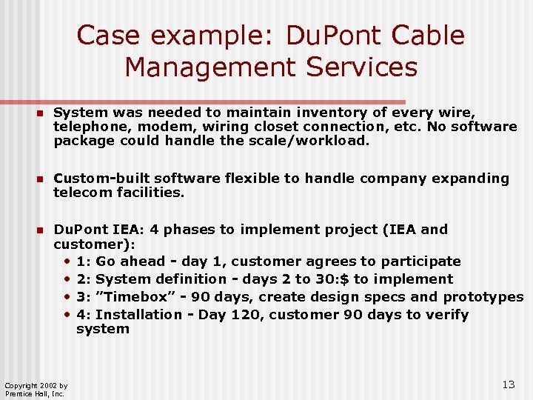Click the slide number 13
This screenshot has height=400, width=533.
[508, 384]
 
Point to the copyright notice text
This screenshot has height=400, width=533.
[36, 390]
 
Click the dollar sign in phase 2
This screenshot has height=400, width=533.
[359, 279]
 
